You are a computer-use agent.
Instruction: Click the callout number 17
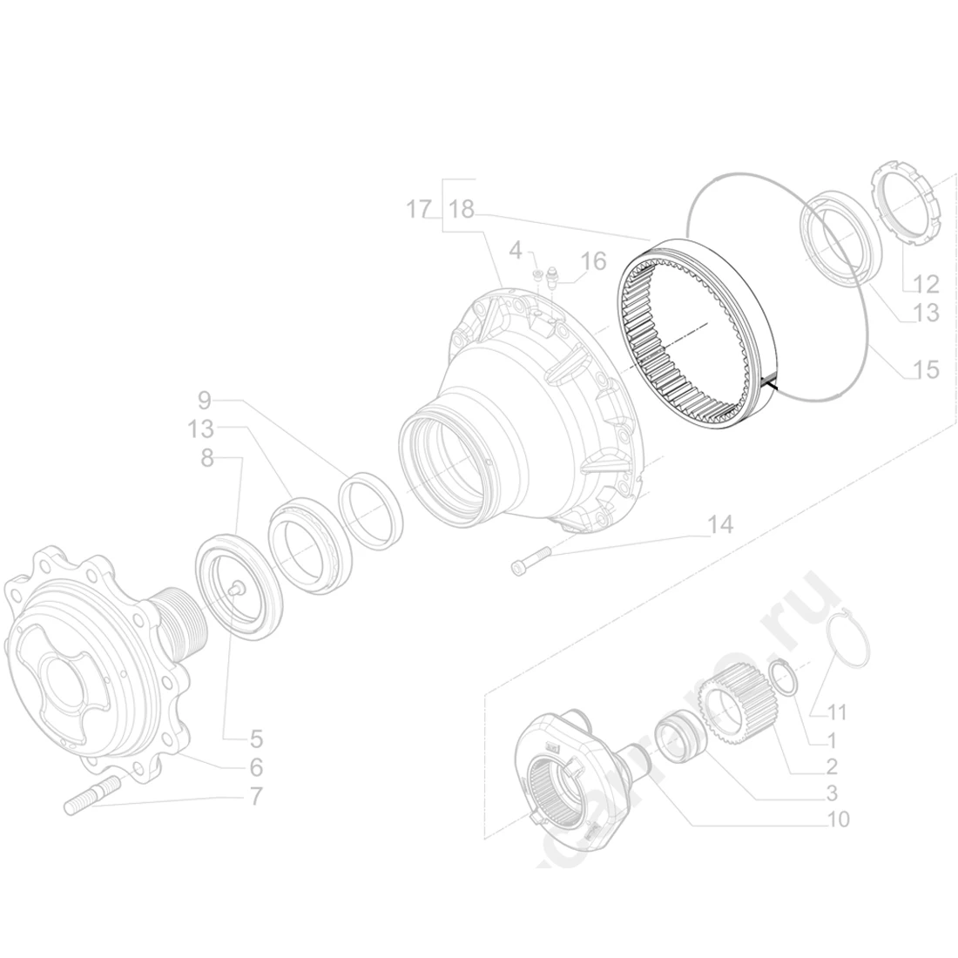(x=419, y=210)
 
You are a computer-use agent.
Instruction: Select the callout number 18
(x=462, y=210)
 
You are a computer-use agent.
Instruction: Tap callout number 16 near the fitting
(x=593, y=260)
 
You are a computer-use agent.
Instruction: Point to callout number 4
(x=515, y=251)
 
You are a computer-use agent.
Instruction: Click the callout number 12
(x=926, y=284)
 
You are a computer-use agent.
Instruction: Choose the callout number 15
(x=926, y=370)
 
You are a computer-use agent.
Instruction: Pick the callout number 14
(x=720, y=525)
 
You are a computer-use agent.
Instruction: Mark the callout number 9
(x=205, y=401)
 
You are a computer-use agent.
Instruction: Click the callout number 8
(x=207, y=458)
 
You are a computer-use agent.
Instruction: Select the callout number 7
(x=255, y=796)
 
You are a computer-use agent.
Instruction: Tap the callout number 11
(x=836, y=712)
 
